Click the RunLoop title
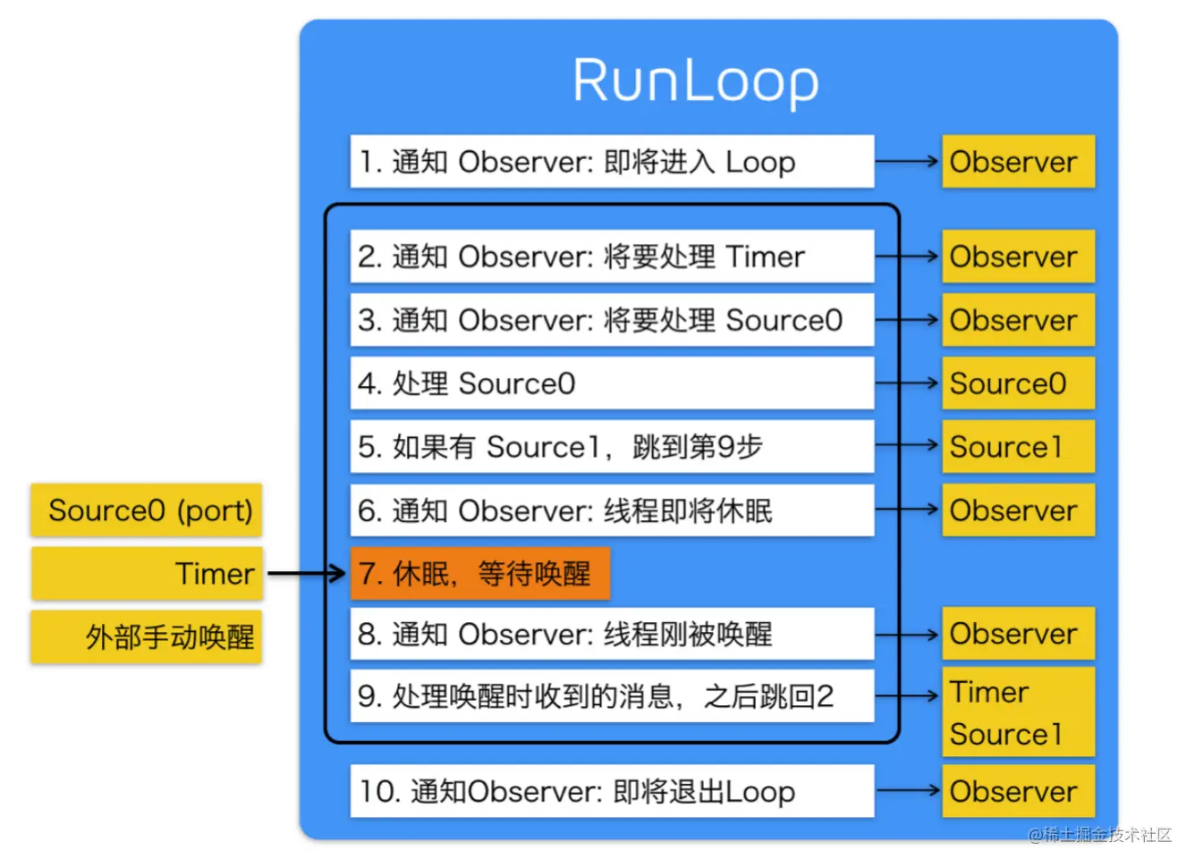[695, 81]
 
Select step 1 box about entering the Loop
[612, 162]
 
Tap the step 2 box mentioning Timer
[612, 257]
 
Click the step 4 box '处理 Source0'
[612, 383]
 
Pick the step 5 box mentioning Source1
[612, 447]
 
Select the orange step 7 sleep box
[479, 573]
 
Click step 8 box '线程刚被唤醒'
[612, 634]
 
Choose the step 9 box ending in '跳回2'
[612, 695]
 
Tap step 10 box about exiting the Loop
[612, 791]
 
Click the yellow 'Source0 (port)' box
[147, 510]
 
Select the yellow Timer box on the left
[147, 573]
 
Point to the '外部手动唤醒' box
[147, 637]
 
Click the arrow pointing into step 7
[307, 573]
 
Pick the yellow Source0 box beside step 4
[1018, 383]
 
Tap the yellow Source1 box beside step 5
[1018, 447]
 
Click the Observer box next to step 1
[1018, 162]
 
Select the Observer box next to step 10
[1018, 791]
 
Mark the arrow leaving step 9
[907, 695]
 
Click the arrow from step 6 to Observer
[907, 509]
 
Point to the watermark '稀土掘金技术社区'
[1099, 835]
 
